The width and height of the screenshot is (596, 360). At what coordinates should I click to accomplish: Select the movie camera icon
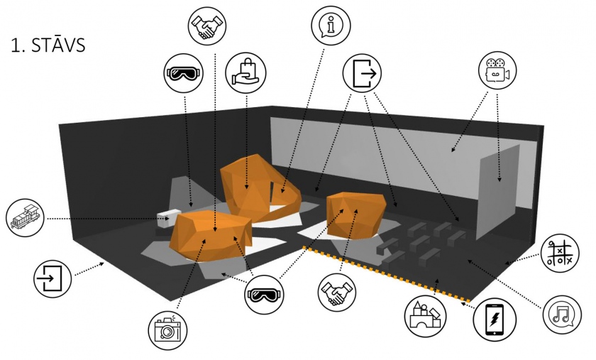coord(496,70)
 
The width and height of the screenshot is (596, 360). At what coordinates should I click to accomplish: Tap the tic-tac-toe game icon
coord(558,253)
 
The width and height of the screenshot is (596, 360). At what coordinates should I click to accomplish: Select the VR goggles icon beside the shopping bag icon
coord(183,75)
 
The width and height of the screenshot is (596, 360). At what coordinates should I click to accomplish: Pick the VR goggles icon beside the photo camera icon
coord(265,294)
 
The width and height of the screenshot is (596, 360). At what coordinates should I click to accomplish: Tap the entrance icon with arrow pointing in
coord(53,278)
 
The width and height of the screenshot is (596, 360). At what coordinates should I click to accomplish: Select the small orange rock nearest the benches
coord(356,215)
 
